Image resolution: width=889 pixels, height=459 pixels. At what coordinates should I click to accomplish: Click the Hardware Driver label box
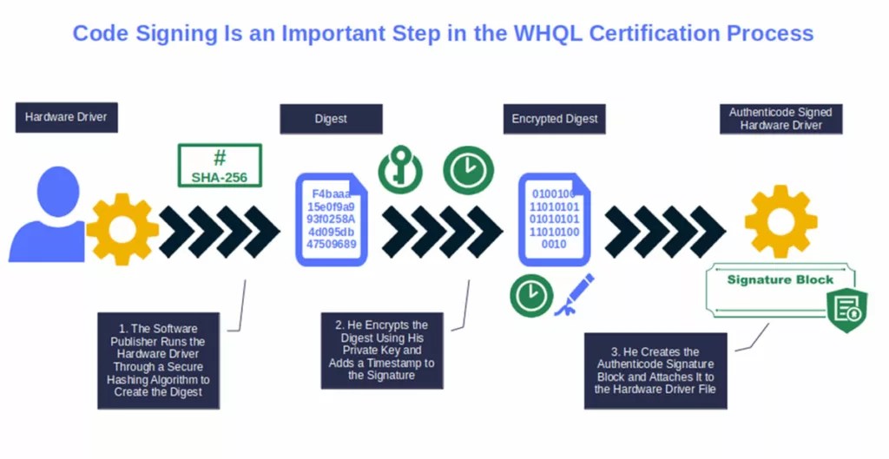tap(66, 117)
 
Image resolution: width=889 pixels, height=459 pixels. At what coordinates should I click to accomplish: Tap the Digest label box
tap(331, 119)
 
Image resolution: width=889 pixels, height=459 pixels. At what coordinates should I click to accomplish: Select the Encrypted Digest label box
tap(555, 119)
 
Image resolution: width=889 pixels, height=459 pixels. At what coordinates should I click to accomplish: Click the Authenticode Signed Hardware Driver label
tap(780, 119)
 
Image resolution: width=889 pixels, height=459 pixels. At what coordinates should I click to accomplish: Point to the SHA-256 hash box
tap(220, 166)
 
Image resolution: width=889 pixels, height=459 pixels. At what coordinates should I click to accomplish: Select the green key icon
tap(400, 170)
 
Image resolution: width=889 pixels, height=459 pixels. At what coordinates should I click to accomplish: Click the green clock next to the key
tap(468, 170)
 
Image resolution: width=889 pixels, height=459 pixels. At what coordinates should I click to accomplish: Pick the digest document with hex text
tap(332, 220)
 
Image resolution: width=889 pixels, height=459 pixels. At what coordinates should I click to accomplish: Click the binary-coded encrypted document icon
tap(554, 220)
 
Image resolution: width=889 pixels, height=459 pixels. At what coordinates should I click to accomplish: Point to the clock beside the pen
tap(531, 295)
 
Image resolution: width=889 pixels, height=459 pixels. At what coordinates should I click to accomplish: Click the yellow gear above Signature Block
tap(780, 221)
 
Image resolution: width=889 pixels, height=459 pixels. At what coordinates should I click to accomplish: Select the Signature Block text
tap(780, 279)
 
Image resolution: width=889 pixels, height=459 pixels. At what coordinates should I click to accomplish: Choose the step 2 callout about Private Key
tap(381, 350)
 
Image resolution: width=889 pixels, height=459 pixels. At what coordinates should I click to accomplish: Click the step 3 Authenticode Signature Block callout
tap(655, 370)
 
